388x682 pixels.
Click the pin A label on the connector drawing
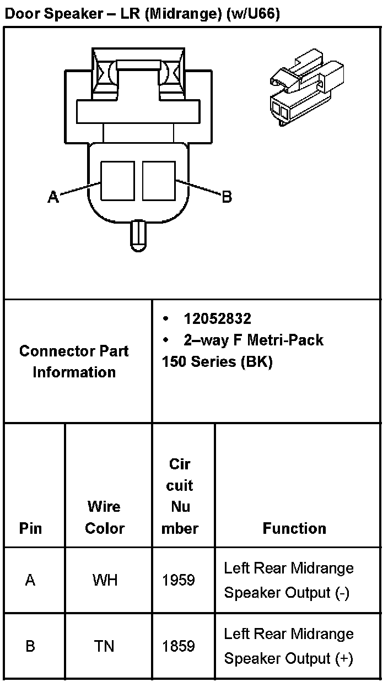(x=53, y=197)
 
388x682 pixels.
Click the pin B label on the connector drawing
(x=227, y=197)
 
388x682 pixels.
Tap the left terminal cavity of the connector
(x=117, y=181)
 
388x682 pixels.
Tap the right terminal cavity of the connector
(x=159, y=181)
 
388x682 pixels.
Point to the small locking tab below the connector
(x=138, y=234)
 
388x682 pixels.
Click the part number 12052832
(x=218, y=319)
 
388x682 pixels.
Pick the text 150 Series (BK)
(x=217, y=362)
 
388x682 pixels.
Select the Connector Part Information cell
(x=74, y=361)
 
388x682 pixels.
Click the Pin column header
(x=30, y=528)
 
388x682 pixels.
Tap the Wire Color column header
(x=105, y=517)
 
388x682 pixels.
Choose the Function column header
(x=294, y=528)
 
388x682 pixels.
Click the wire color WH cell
(x=105, y=580)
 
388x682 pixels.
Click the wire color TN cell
(x=105, y=646)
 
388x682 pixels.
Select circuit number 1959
(x=179, y=580)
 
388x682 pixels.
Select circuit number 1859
(x=179, y=646)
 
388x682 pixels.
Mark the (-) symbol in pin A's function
(x=342, y=593)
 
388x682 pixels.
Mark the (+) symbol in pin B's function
(x=343, y=658)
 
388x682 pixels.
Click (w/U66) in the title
(x=253, y=15)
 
